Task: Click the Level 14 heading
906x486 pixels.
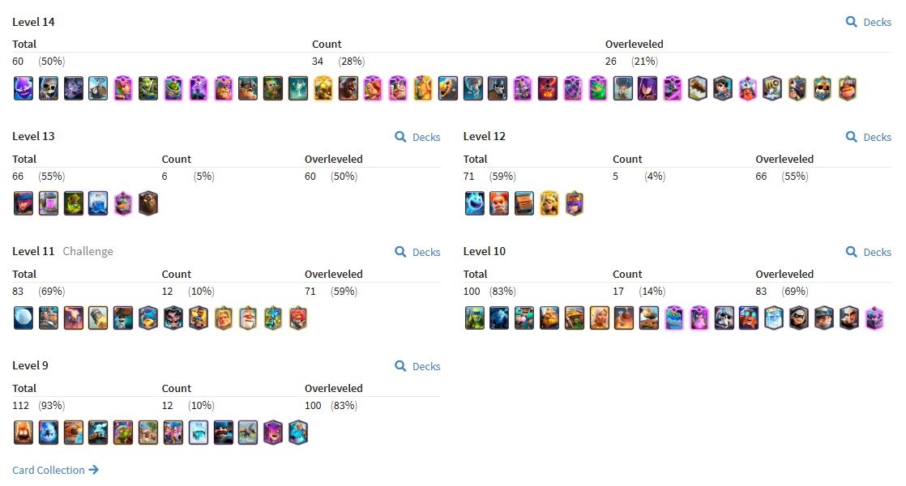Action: (33, 22)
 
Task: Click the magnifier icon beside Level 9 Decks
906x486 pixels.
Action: (400, 366)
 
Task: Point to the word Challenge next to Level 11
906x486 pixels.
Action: (88, 251)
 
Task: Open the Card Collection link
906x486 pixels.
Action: (55, 470)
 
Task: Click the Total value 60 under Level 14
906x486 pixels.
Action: (18, 62)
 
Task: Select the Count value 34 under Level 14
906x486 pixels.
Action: (318, 62)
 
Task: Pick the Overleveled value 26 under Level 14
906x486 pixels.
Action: (611, 62)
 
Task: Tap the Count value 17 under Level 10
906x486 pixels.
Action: (618, 291)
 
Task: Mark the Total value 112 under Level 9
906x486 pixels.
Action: (21, 405)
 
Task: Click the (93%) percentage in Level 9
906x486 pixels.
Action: (51, 405)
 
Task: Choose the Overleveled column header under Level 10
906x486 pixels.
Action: (784, 274)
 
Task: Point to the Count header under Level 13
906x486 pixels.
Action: (176, 159)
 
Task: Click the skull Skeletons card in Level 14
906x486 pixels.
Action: (49, 88)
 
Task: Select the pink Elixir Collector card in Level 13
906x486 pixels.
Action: (49, 203)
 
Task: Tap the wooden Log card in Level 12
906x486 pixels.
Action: (524, 203)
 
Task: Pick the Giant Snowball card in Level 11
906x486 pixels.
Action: (24, 318)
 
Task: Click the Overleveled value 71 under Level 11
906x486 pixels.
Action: (310, 291)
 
